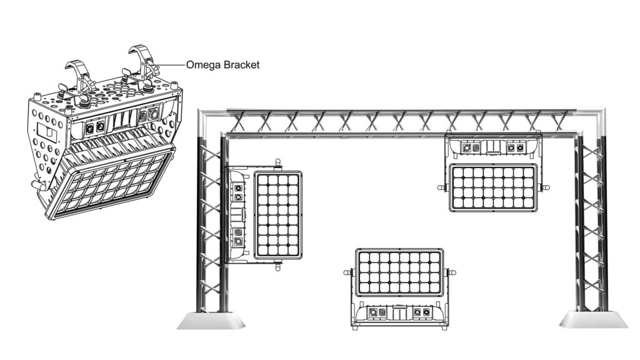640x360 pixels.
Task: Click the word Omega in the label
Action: (x=202, y=64)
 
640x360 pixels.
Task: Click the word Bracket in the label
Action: (x=238, y=64)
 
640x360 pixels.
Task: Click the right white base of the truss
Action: (x=593, y=320)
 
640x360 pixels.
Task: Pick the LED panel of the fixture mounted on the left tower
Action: (x=279, y=215)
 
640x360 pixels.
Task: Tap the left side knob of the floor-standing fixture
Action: (x=347, y=272)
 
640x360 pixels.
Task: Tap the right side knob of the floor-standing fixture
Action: (x=452, y=272)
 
